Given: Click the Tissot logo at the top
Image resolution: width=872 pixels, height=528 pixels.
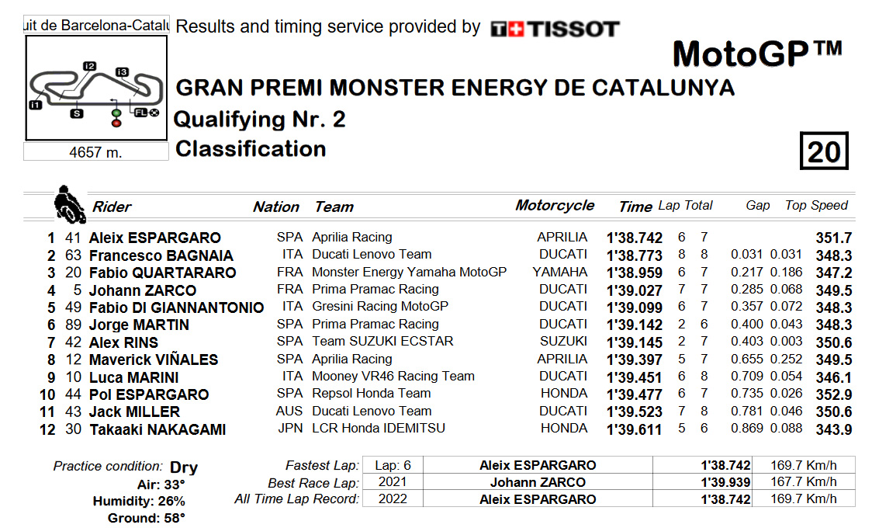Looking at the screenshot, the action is click(x=555, y=29).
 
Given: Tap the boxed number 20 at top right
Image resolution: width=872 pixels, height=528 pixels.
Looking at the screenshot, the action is click(x=824, y=151).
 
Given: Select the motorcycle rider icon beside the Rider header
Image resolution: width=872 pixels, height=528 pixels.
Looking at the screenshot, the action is click(x=69, y=204).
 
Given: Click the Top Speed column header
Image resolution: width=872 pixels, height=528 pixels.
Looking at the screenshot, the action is click(x=816, y=205).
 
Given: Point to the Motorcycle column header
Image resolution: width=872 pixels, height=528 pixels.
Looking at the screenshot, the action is click(x=555, y=205).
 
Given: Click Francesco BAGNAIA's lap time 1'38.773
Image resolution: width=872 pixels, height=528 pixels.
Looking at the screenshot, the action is click(x=634, y=255).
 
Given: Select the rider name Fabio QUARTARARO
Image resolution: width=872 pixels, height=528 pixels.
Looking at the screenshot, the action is click(x=162, y=273).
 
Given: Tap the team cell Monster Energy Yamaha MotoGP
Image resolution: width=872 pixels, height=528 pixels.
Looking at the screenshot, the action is click(x=409, y=272).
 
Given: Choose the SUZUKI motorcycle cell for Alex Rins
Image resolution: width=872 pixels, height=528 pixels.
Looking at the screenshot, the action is click(x=562, y=341).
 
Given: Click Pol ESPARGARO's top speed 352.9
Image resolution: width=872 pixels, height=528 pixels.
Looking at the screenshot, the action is click(x=834, y=394).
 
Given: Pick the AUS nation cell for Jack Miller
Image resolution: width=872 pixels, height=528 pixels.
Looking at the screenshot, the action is click(x=289, y=412).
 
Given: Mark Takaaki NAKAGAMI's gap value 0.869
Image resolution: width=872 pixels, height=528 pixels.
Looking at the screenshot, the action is click(x=746, y=429).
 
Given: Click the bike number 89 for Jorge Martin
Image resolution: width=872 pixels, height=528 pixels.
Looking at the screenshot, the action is click(x=74, y=325).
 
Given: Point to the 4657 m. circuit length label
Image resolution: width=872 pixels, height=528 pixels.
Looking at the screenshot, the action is click(x=95, y=152).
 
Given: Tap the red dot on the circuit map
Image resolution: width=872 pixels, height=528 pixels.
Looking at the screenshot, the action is click(x=116, y=123).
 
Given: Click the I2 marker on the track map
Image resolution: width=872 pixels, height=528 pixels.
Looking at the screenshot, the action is click(x=89, y=66).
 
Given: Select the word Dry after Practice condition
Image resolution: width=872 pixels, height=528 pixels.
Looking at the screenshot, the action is click(x=184, y=467).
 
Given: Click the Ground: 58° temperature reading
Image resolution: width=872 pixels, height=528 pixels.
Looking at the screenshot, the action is click(x=147, y=519).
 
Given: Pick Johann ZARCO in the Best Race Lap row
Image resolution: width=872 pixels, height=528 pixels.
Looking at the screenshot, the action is click(x=538, y=482).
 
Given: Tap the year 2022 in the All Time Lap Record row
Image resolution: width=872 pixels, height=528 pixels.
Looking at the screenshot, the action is click(x=393, y=498).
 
